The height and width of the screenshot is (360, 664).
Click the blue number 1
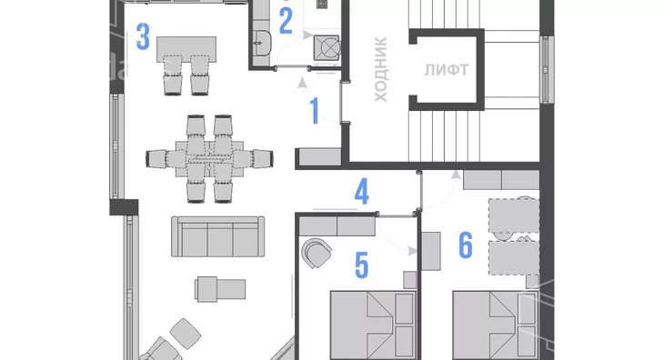(315, 111)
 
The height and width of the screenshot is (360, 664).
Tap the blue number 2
(286, 21)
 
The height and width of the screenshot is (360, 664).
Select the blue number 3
(143, 36)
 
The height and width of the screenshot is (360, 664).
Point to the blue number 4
(362, 192)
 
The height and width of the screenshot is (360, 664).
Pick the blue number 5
(362, 265)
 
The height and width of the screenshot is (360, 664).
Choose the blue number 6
(466, 245)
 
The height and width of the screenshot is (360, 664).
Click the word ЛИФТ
(447, 70)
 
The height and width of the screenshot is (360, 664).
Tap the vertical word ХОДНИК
(381, 69)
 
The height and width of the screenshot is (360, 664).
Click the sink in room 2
(262, 43)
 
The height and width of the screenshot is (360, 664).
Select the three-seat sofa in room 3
(217, 236)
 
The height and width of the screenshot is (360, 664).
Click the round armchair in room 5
(316, 253)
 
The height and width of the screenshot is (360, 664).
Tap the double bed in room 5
(373, 325)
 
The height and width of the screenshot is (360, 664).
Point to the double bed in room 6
(496, 325)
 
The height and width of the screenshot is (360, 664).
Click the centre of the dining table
(209, 159)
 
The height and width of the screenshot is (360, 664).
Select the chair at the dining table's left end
(157, 159)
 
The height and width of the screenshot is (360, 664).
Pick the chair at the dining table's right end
(262, 159)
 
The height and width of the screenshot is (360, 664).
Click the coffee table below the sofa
(220, 289)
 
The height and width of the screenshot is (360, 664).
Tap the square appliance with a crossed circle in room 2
(327, 48)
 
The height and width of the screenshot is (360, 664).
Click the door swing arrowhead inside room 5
(412, 251)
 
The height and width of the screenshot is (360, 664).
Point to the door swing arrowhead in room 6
(456, 174)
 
